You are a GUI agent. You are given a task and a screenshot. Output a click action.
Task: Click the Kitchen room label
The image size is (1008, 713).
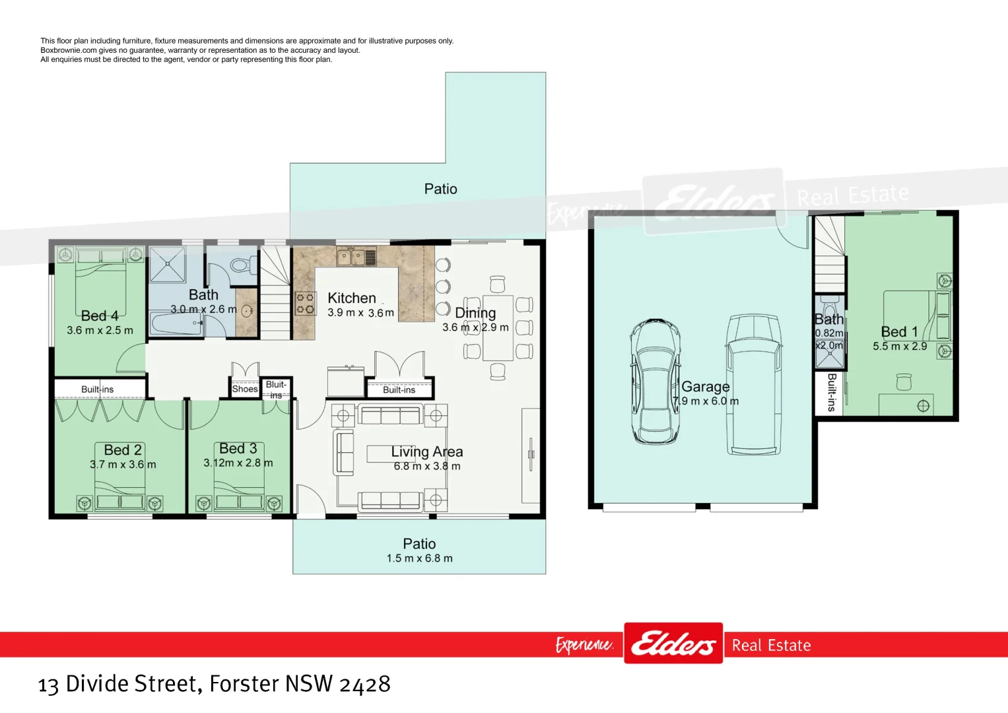point(352,298)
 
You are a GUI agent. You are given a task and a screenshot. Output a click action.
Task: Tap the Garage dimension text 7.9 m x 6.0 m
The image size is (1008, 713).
point(706,401)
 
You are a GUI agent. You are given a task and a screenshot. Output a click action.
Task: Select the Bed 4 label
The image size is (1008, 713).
point(100,316)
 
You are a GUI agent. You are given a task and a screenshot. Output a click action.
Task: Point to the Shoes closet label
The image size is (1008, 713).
point(244,389)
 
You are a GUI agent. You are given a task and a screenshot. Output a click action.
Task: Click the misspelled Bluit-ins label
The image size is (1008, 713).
point(276,390)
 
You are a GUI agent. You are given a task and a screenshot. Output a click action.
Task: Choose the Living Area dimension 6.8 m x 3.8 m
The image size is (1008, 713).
point(427,466)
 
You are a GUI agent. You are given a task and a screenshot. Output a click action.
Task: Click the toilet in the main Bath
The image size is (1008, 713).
point(241,265)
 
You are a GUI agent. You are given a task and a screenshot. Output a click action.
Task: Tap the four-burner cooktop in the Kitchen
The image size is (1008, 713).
point(305,304)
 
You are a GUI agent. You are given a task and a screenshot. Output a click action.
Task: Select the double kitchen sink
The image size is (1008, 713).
point(351,256)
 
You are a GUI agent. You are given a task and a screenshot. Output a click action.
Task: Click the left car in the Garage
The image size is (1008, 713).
point(655,382)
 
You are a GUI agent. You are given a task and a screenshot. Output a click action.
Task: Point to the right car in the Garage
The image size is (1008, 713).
point(753,384)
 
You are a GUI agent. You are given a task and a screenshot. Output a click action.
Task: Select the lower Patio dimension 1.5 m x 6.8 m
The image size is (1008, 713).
point(419,559)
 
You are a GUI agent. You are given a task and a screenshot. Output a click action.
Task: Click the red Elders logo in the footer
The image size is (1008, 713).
point(673,643)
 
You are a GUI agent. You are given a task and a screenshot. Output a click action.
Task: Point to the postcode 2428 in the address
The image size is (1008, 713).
point(364,684)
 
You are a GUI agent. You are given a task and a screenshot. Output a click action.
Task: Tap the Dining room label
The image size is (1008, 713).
point(475,313)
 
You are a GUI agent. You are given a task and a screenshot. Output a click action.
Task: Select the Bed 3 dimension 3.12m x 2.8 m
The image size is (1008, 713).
point(238,463)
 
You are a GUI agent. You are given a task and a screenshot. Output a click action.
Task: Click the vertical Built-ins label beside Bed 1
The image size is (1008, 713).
point(831,392)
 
